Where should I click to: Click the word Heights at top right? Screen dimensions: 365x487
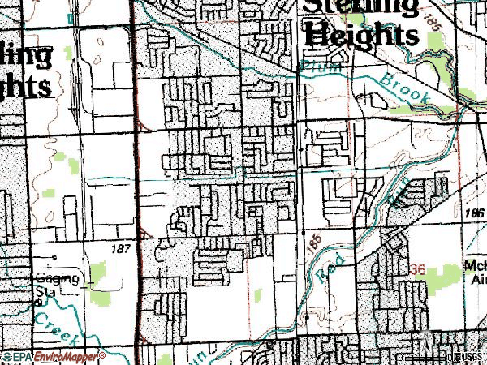(360, 35)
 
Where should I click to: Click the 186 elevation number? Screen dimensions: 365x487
(476, 213)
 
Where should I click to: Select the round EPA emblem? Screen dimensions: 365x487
(7, 356)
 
